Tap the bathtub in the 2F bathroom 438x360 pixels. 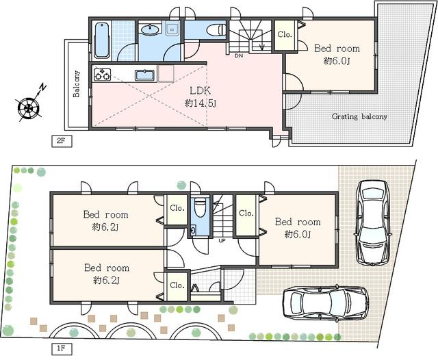click(x=101, y=40)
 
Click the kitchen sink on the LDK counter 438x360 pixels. click(x=145, y=75)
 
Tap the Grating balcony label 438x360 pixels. click(x=359, y=116)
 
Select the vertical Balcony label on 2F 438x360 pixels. click(x=77, y=83)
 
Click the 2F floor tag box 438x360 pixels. click(x=61, y=141)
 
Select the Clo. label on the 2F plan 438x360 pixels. click(x=284, y=34)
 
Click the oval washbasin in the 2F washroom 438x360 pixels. click(x=150, y=29)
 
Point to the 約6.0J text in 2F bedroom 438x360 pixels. click(x=336, y=61)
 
